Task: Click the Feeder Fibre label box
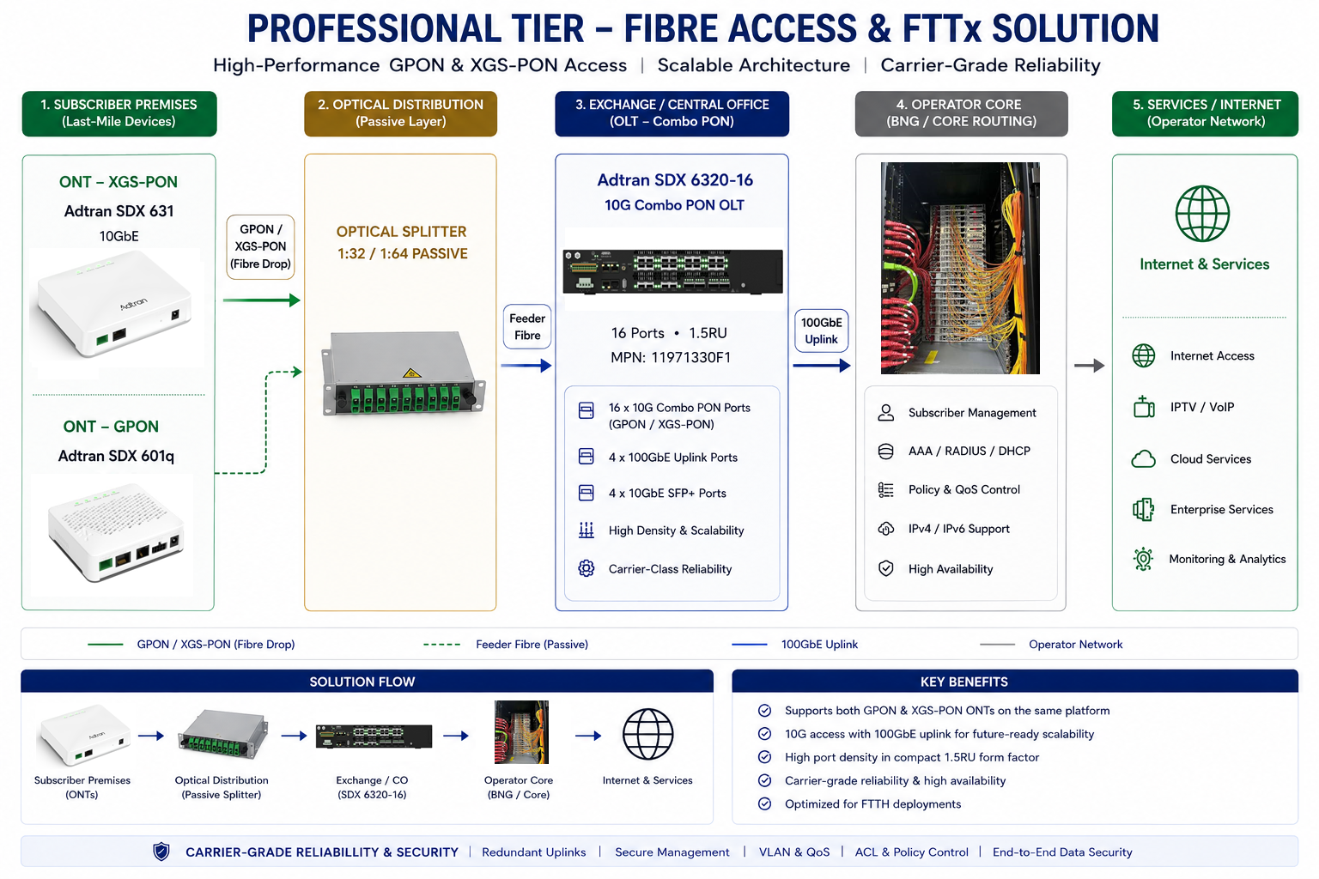527,327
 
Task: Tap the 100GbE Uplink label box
822,330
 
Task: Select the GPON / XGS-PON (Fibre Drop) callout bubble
260,246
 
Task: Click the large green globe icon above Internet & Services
1202,214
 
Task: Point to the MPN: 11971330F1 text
671,357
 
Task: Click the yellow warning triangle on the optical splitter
411,373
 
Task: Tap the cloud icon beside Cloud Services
1144,458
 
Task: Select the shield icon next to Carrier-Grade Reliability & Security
161,852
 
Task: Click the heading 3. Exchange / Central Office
672,104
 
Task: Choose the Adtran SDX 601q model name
116,456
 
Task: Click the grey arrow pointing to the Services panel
1090,366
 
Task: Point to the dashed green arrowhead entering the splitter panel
297,372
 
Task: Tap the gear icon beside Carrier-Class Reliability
586,569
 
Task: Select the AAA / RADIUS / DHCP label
969,451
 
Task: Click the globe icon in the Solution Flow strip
647,734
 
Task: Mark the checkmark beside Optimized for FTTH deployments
764,803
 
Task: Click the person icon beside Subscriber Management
885,413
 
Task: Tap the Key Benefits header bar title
964,682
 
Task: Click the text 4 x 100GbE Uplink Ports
673,458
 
